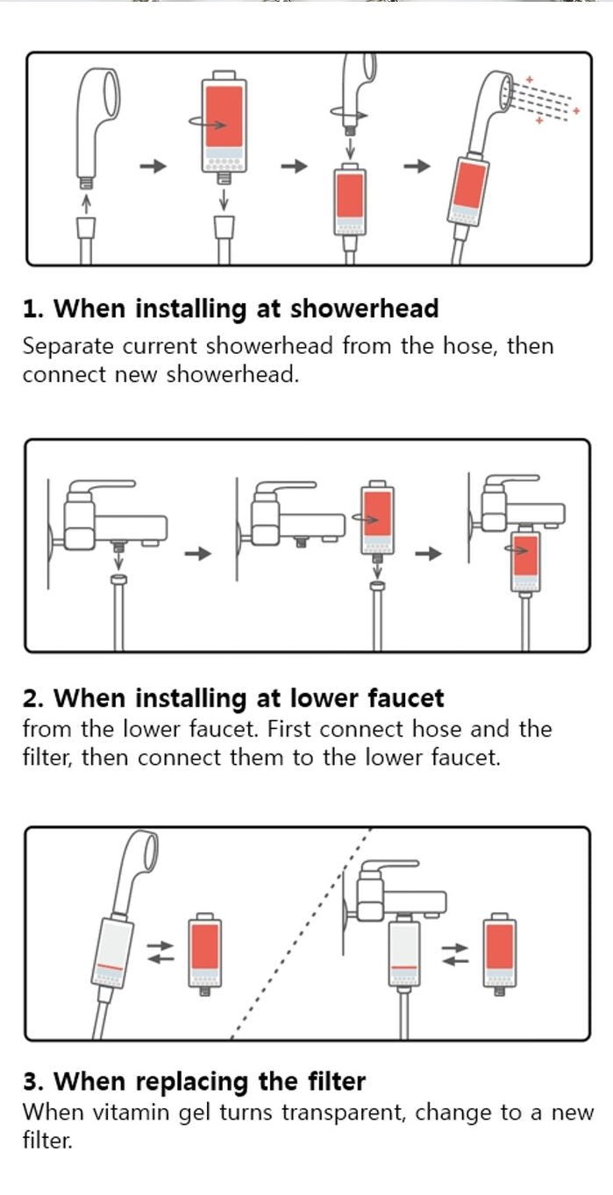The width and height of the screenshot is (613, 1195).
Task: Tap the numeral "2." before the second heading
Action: coord(33,698)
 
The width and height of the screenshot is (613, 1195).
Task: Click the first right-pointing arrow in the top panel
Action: coord(153,166)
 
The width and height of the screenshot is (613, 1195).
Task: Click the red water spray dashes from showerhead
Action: coord(544,103)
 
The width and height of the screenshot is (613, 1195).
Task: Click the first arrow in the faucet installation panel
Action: coord(200,554)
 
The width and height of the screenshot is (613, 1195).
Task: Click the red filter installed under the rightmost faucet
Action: coord(525,557)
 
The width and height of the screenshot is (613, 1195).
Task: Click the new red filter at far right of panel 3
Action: coord(499,952)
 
